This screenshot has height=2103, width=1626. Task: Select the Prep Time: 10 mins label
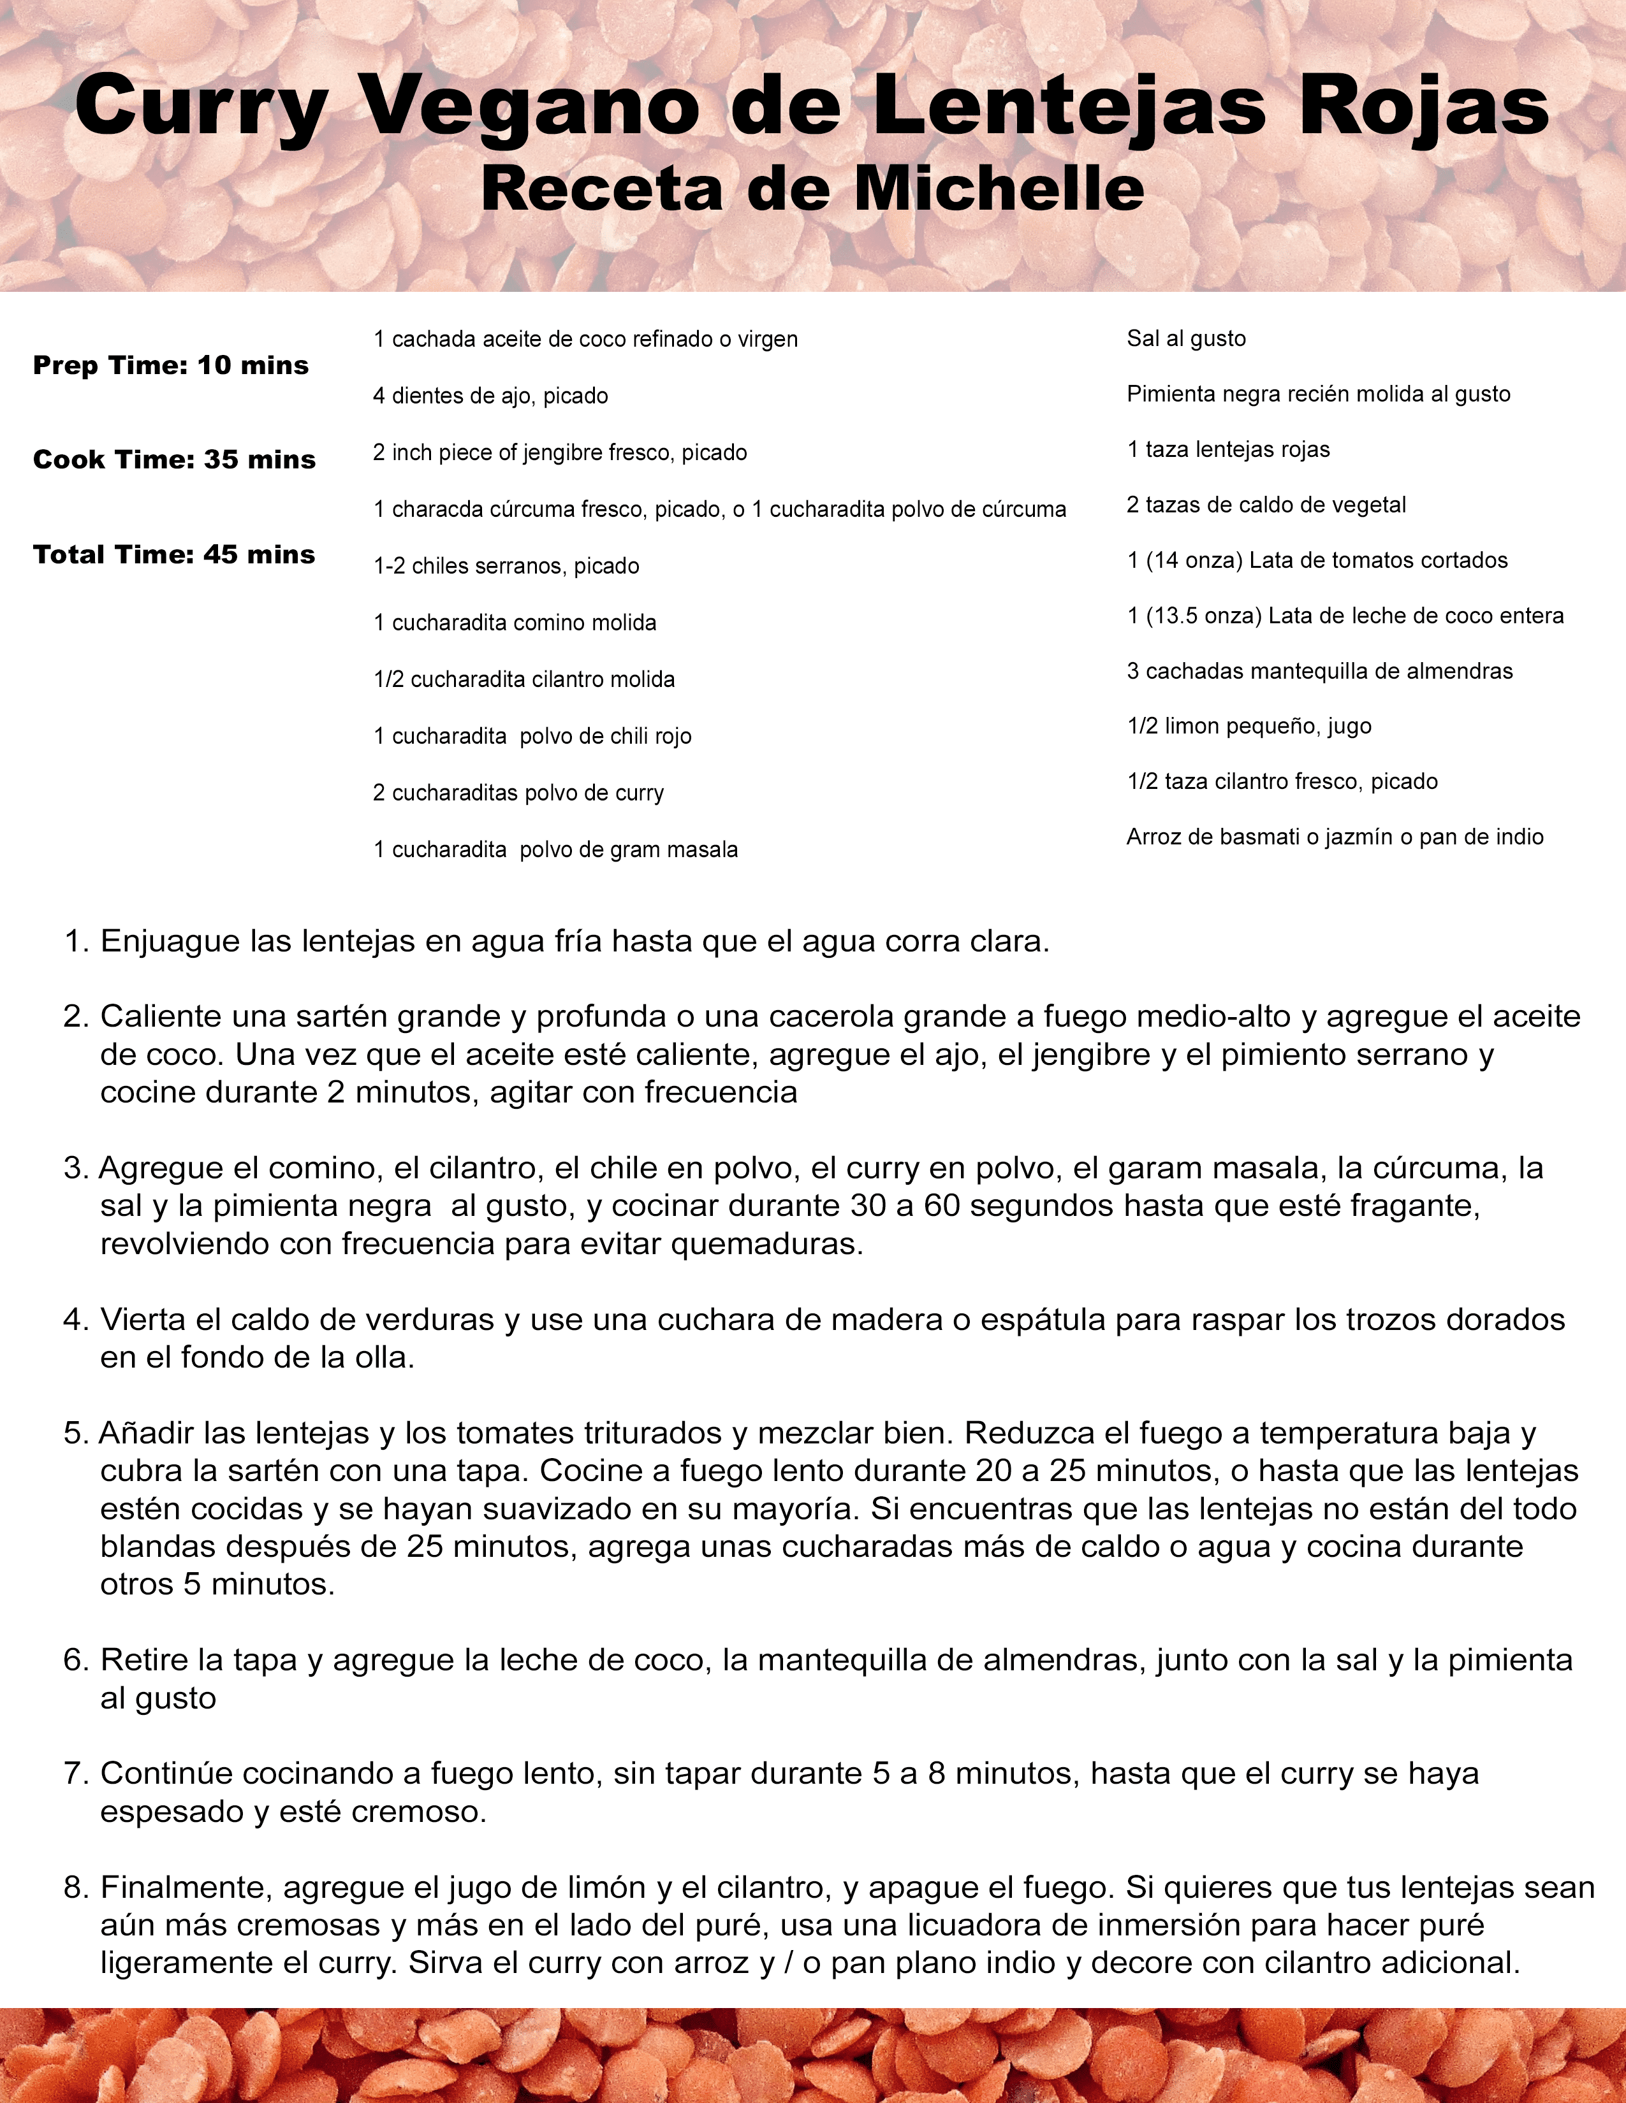tap(170, 366)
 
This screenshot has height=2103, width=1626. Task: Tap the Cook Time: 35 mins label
tap(174, 459)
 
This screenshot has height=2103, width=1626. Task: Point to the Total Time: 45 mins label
tap(174, 554)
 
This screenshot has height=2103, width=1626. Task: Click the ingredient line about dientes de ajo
tap(490, 396)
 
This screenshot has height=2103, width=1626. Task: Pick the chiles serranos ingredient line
tap(506, 566)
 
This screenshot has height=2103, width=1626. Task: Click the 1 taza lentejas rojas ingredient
tap(1228, 450)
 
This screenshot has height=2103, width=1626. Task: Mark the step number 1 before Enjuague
tap(75, 942)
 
